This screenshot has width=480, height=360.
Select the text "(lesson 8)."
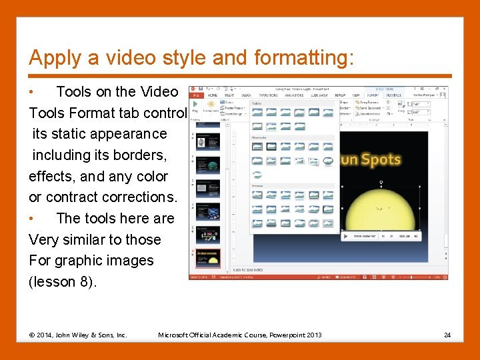[63, 281]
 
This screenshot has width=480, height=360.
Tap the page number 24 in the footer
[447, 335]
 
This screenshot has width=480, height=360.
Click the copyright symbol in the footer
[32, 335]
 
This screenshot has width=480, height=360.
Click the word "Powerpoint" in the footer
[287, 335]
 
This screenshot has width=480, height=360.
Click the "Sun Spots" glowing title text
[371, 159]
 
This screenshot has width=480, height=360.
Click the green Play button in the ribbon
[195, 106]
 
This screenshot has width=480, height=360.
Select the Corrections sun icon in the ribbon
[213, 105]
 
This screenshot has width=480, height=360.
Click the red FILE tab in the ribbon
[195, 95]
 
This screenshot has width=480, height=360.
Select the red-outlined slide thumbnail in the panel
[207, 257]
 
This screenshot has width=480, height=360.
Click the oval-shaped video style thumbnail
[328, 161]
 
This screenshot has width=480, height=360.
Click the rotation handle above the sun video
[381, 182]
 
